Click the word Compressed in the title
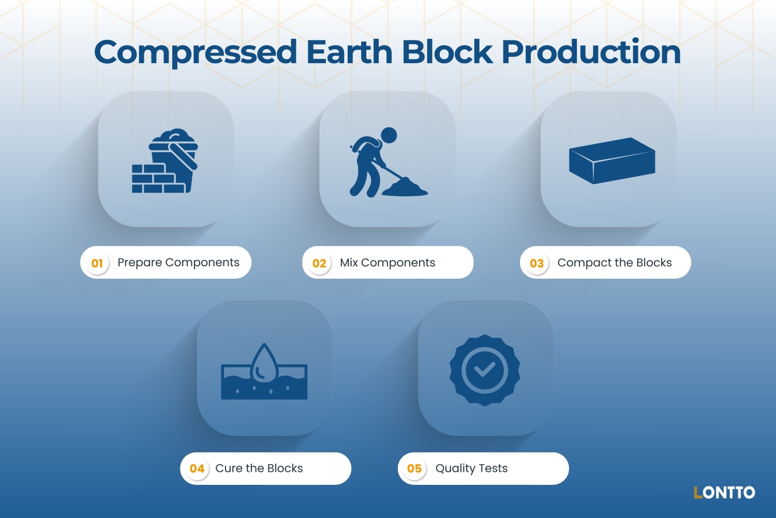[196, 53]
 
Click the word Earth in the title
[349, 53]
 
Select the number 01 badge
[97, 263]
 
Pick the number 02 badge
[319, 263]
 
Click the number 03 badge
[536, 263]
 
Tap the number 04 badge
[197, 469]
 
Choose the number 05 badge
[414, 469]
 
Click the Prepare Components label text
[178, 263]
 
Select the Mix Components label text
[387, 263]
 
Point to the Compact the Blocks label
[615, 263]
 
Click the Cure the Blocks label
[259, 468]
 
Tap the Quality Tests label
[471, 468]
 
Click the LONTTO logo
[724, 492]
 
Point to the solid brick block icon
[612, 161]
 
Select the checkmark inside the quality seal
[485, 369]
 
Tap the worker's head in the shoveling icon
[389, 135]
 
